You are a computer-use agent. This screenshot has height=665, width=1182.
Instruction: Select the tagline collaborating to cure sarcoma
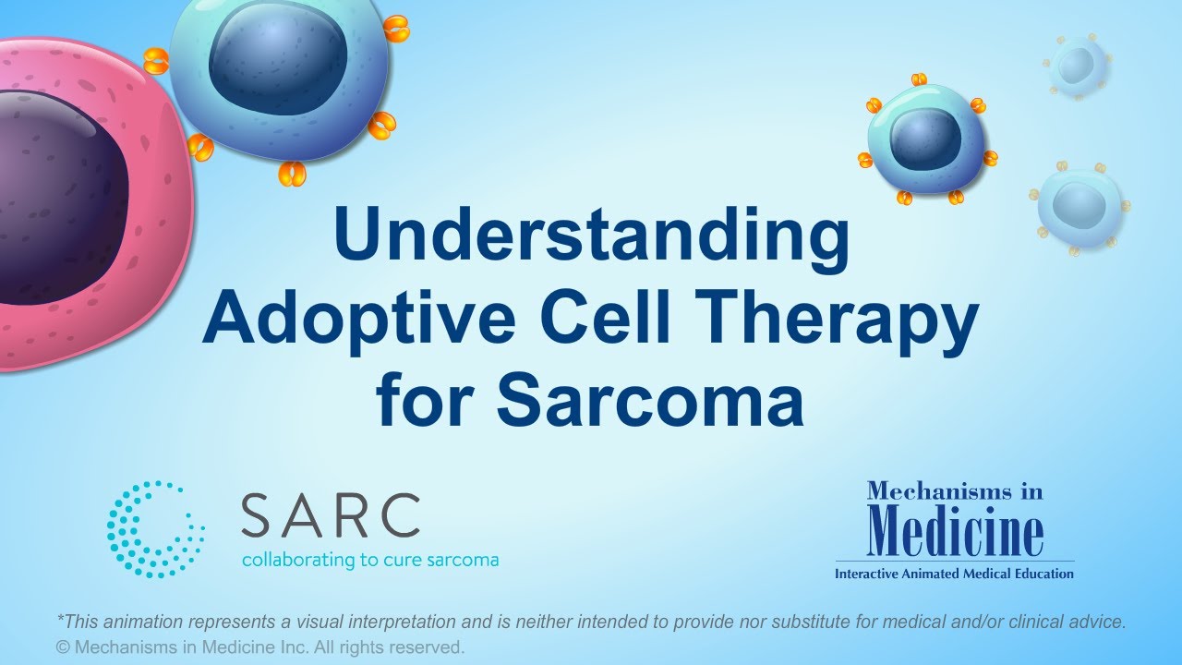pos(369,560)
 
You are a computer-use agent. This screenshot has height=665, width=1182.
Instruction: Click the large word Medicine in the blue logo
pos(956,531)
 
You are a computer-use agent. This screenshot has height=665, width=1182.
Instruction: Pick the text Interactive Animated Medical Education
pos(954,574)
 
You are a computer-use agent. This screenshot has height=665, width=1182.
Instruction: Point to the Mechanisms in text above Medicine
pos(954,491)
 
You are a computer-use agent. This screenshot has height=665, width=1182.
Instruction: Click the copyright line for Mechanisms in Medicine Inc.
pos(260,647)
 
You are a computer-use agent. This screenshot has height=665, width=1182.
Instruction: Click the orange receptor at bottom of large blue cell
pos(293,173)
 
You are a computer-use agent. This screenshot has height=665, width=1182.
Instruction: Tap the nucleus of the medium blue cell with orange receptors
pos(925,139)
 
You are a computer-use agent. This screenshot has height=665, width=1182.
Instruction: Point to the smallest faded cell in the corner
pos(1078,66)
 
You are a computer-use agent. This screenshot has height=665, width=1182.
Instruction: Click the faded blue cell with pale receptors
pos(1079,205)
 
